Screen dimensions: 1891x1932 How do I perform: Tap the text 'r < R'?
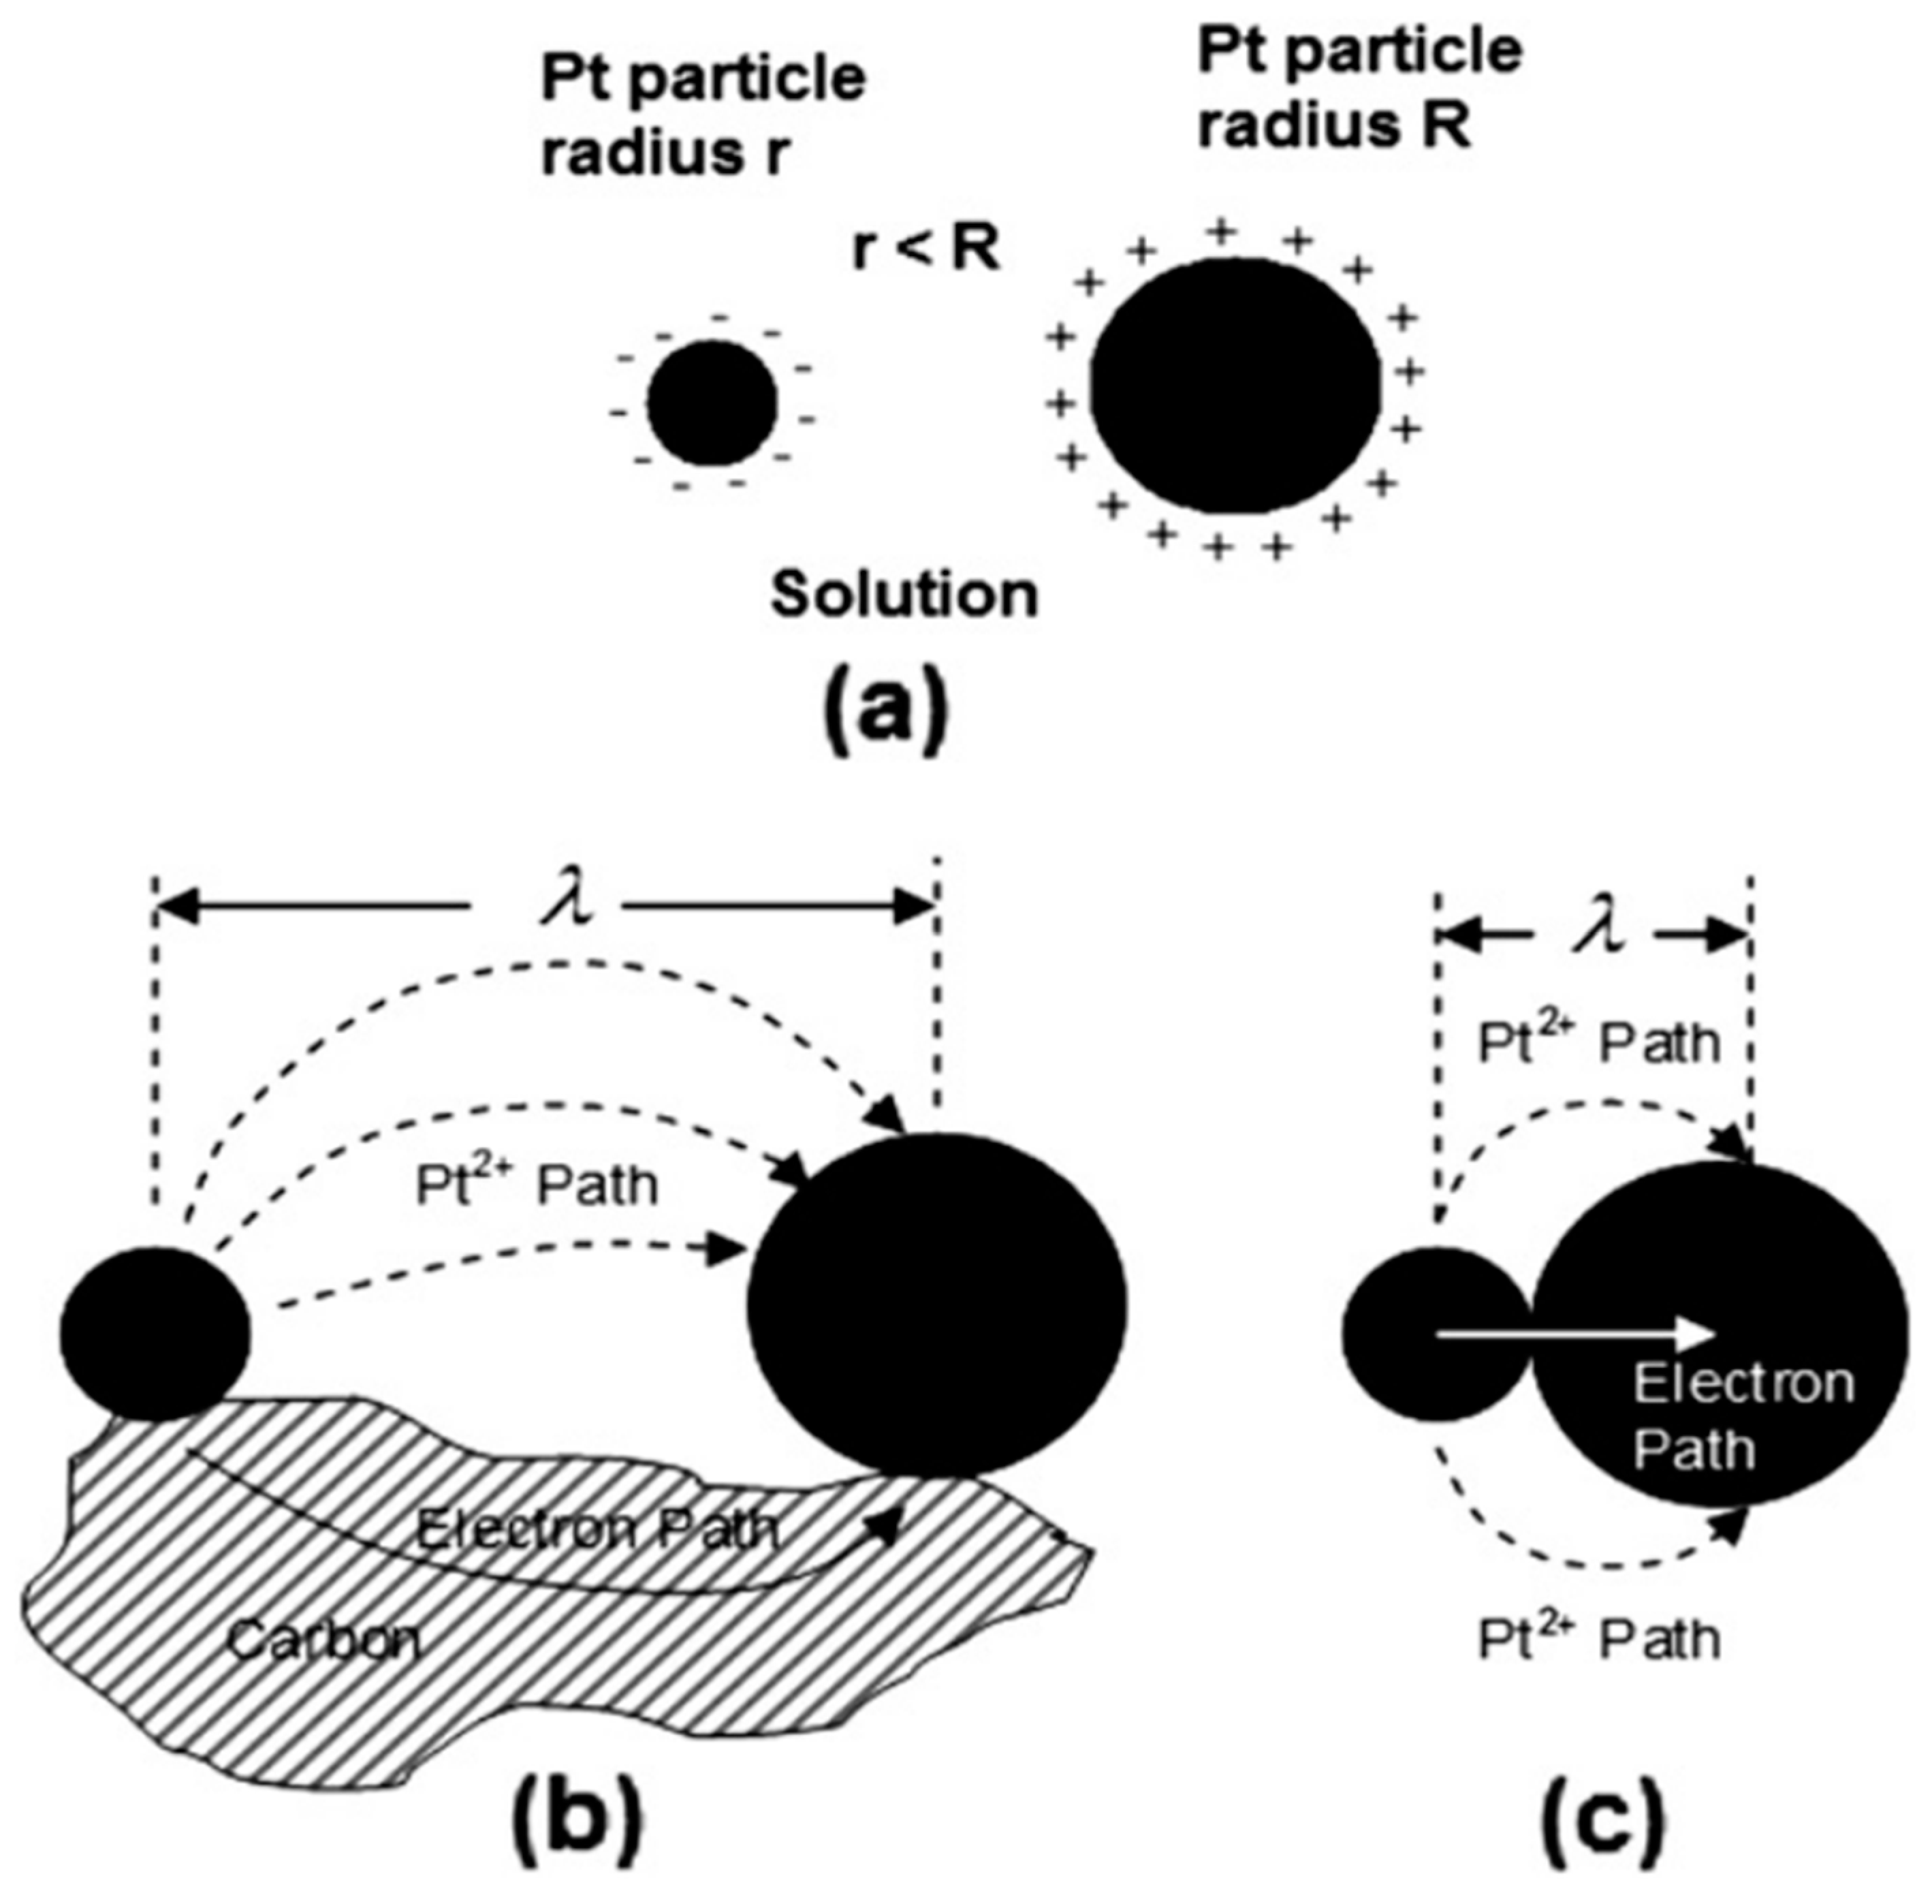pos(926,250)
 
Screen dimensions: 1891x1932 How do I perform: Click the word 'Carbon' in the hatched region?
pos(323,1641)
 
